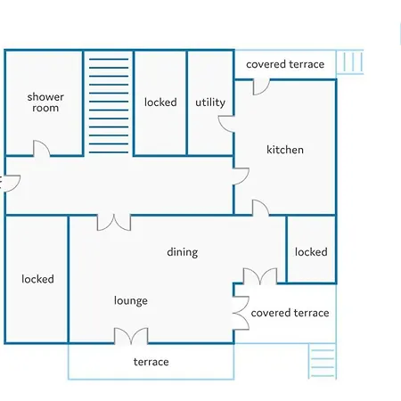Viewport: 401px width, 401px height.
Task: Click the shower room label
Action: coord(45,102)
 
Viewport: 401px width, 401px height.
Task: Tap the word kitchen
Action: coord(285,150)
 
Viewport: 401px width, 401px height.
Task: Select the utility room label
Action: coord(210,102)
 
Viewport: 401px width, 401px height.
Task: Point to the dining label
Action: coord(183,252)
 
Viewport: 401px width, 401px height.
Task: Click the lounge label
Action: coord(131,300)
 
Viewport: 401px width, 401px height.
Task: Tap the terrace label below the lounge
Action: coord(151,362)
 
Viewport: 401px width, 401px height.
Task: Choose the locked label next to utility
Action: coord(160,102)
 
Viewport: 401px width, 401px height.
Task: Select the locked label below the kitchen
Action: coord(311,252)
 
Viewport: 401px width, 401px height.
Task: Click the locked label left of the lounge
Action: coord(37,279)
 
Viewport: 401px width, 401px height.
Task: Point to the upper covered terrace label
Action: coord(285,64)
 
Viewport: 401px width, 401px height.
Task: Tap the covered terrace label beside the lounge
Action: coord(290,313)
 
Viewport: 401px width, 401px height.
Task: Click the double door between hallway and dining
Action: coord(114,223)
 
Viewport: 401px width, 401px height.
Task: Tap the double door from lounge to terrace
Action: coord(131,336)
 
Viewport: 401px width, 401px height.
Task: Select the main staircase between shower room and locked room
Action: coord(109,106)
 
